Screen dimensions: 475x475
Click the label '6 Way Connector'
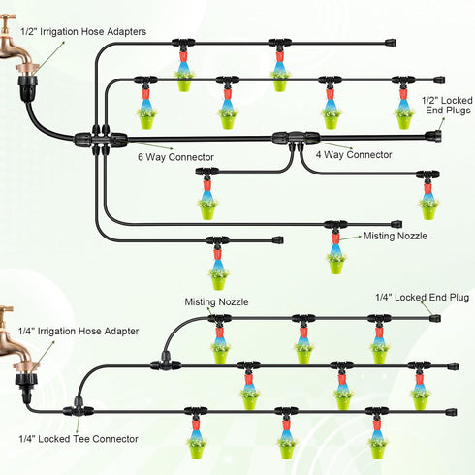click(x=175, y=157)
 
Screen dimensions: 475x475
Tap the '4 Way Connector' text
click(x=354, y=155)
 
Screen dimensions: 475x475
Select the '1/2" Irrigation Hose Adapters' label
click(x=83, y=32)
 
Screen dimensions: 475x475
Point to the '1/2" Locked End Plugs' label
click(x=448, y=106)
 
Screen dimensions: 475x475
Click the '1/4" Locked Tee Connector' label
click(x=79, y=439)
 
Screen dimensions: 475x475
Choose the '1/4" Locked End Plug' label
click(x=423, y=298)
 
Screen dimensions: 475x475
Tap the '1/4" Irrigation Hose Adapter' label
click(x=79, y=332)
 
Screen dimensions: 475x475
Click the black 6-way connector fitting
click(x=101, y=140)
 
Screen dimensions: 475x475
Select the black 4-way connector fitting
click(x=296, y=140)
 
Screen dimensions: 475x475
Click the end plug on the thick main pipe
click(x=433, y=137)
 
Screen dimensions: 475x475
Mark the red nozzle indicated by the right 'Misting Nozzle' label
click(x=335, y=238)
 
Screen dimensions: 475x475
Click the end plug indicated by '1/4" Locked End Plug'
click(x=435, y=318)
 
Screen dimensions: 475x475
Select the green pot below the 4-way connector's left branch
click(x=206, y=212)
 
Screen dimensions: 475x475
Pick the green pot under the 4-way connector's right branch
click(x=428, y=212)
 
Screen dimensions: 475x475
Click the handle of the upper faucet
click(x=8, y=16)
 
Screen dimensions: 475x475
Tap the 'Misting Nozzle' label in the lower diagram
click(x=216, y=302)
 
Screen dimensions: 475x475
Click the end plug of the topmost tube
click(x=391, y=43)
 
